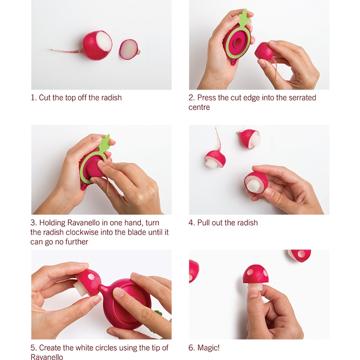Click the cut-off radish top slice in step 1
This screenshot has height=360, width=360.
coord(129,49)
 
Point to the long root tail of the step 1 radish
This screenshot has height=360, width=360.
coord(65,50)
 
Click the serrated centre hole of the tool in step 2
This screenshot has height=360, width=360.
coord(238,42)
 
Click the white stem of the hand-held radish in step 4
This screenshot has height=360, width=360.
coord(253,185)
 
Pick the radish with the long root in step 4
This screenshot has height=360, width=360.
coord(215,153)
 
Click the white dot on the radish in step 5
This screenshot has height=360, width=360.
coord(91,277)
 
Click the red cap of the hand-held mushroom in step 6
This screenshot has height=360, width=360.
coord(256,274)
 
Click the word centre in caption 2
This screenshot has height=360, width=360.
coord(199,107)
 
